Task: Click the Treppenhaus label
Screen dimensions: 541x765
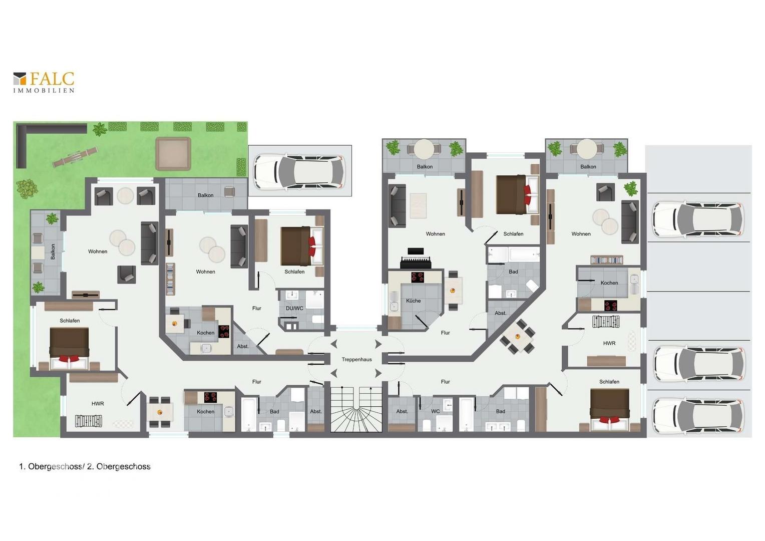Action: click(356, 359)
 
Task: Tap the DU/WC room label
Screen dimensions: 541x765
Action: click(294, 308)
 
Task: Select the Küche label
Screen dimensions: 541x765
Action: click(413, 301)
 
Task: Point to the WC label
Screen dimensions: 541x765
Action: click(435, 411)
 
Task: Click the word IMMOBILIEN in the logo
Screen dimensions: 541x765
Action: click(44, 91)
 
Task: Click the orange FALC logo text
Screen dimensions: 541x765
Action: click(52, 79)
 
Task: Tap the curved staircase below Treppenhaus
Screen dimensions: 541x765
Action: click(356, 410)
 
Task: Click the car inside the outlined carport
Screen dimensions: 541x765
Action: click(299, 171)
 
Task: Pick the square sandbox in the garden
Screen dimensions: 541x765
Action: click(173, 154)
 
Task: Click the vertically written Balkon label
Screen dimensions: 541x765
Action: click(53, 251)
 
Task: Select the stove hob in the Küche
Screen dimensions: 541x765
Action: click(417, 277)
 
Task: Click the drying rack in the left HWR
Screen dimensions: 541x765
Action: click(88, 421)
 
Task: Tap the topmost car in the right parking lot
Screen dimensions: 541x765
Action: click(697, 220)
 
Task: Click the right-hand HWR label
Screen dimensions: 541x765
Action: click(609, 343)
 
